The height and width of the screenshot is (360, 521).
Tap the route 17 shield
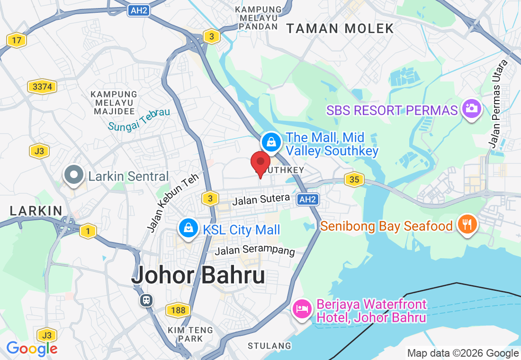(17, 40)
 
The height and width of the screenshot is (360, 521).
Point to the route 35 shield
(353, 179)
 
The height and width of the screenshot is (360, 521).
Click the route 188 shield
(178, 310)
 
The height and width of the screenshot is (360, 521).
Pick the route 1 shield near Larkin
(87, 231)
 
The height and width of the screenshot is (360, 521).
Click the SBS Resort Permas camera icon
(471, 108)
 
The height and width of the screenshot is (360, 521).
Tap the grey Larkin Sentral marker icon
(74, 175)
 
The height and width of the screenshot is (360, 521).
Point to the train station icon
(146, 300)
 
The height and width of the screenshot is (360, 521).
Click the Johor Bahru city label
(198, 275)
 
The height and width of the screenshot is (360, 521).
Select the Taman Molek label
(340, 28)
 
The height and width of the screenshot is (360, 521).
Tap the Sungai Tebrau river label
(139, 120)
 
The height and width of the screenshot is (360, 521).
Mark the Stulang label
(269, 346)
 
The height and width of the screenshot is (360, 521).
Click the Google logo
(32, 349)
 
